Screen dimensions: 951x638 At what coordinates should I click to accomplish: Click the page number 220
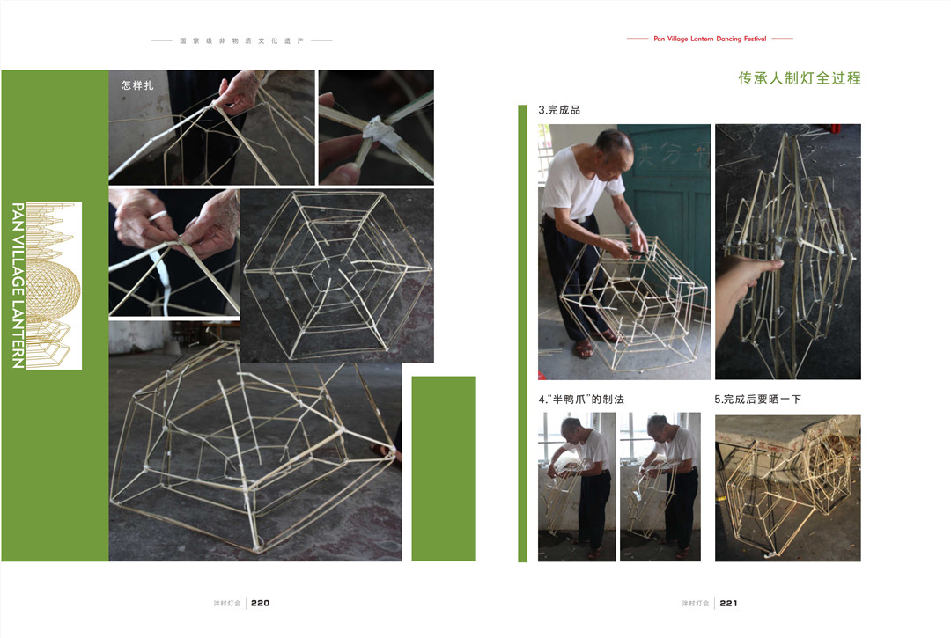pyautogui.click(x=260, y=603)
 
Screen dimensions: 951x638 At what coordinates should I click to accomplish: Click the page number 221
pyautogui.click(x=728, y=603)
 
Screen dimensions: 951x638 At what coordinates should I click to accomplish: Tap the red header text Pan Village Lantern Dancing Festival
pyautogui.click(x=710, y=39)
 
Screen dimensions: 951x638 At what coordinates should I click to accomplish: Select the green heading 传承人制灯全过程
pyautogui.click(x=800, y=78)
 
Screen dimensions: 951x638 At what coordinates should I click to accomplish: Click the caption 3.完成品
pyautogui.click(x=559, y=110)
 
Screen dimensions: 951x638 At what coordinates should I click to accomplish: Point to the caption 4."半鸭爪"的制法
pyautogui.click(x=581, y=400)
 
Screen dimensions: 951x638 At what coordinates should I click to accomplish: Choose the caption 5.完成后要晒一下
pyautogui.click(x=757, y=400)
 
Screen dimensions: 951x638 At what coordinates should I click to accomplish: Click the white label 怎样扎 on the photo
pyautogui.click(x=137, y=85)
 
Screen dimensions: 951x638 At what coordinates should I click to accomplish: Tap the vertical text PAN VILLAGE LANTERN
pyautogui.click(x=18, y=285)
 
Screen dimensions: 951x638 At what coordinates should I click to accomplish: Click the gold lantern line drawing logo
pyautogui.click(x=54, y=285)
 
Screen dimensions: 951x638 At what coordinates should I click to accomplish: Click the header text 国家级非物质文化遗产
pyautogui.click(x=241, y=41)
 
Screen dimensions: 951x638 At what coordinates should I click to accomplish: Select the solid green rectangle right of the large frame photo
pyautogui.click(x=444, y=468)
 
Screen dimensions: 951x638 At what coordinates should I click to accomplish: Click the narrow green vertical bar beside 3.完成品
pyautogui.click(x=523, y=334)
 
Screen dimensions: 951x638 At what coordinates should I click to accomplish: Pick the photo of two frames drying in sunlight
pyautogui.click(x=788, y=488)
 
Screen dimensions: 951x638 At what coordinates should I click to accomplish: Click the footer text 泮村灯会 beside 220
pyautogui.click(x=227, y=604)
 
